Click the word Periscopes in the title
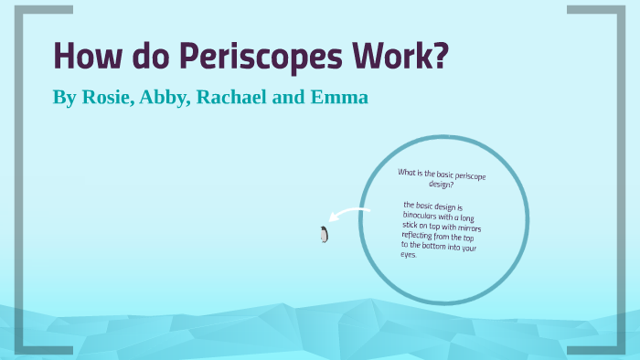pos(251,57)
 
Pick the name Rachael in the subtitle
pos(231,97)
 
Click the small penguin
pos(324,235)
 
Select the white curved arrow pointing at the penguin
pos(350,216)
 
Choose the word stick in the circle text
pos(411,224)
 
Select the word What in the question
pos(408,172)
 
